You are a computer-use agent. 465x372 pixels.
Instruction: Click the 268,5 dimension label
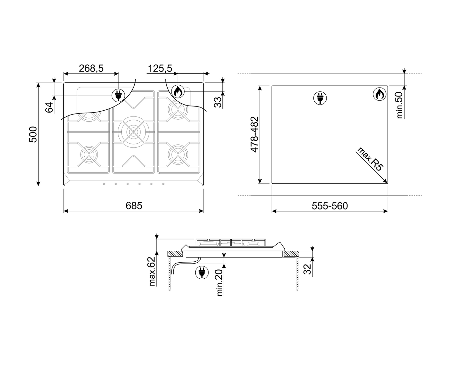coord(91,68)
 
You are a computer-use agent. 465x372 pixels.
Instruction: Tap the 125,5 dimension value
coord(160,68)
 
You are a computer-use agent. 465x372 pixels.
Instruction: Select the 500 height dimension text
coord(33,135)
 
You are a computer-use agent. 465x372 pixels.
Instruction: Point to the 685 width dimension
coord(134,206)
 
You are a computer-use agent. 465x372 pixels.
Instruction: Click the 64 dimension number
coord(49,107)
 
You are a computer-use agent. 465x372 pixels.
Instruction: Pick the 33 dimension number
coord(218,102)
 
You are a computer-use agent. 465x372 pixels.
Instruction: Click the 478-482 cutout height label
coord(255,135)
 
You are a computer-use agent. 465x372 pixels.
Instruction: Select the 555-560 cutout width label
coord(330,206)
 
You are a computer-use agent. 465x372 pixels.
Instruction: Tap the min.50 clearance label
coord(400,105)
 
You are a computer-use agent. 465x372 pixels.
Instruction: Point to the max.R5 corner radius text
coord(370,159)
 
